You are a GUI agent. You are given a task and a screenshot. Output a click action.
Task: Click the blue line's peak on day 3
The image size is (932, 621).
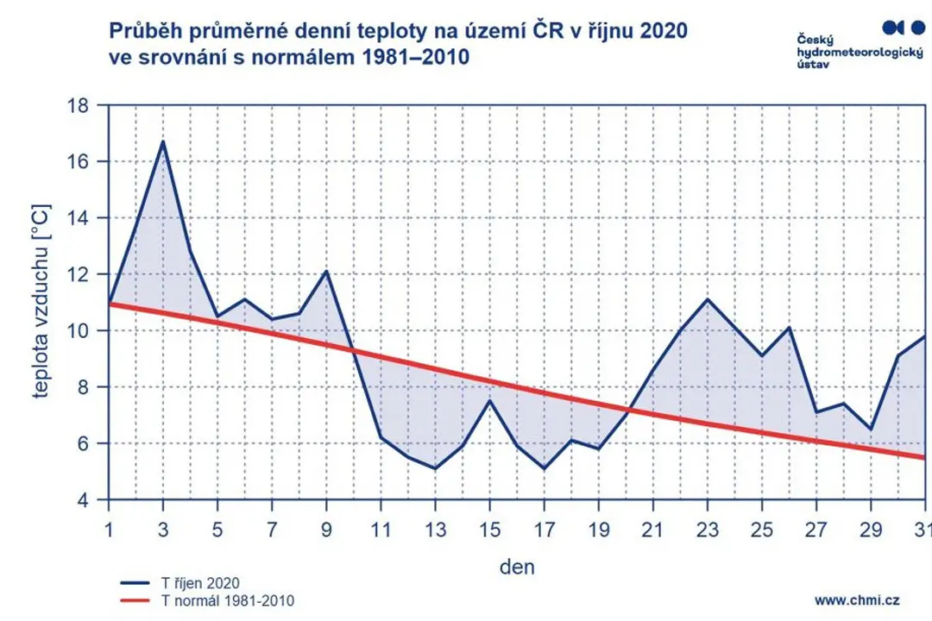point(163,141)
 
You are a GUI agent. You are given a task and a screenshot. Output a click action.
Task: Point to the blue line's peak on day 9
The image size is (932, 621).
point(326,272)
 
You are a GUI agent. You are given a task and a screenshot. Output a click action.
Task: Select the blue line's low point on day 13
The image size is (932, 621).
point(435,469)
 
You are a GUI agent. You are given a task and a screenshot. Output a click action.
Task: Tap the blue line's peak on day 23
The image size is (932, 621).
point(708,299)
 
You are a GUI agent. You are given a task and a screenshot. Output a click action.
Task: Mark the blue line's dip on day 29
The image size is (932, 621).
point(871,429)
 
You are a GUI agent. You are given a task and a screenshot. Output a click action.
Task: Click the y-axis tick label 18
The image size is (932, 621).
point(78,106)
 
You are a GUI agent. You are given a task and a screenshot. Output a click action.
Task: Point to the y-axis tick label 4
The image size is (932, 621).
point(82,500)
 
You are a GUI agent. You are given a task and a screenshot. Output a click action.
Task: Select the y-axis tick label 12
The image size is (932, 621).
point(78,274)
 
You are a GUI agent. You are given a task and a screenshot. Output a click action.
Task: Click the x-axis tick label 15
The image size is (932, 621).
point(489,529)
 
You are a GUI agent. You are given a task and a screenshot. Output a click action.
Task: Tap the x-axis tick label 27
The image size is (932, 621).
point(816,529)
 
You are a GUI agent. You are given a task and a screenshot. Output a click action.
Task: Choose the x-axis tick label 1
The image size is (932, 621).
point(109,529)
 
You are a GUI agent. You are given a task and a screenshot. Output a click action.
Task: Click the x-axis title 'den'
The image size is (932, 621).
point(517,567)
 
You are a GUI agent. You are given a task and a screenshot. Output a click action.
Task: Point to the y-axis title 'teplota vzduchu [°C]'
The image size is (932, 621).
point(41,301)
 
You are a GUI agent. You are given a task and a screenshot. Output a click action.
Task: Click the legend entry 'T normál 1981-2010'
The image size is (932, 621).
point(207,601)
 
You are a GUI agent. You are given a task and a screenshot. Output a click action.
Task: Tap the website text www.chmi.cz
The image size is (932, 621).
point(857,600)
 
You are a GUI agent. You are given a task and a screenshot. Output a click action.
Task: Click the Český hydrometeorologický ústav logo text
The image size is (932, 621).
point(860,51)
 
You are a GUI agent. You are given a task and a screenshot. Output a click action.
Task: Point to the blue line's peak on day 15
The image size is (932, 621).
point(489,401)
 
